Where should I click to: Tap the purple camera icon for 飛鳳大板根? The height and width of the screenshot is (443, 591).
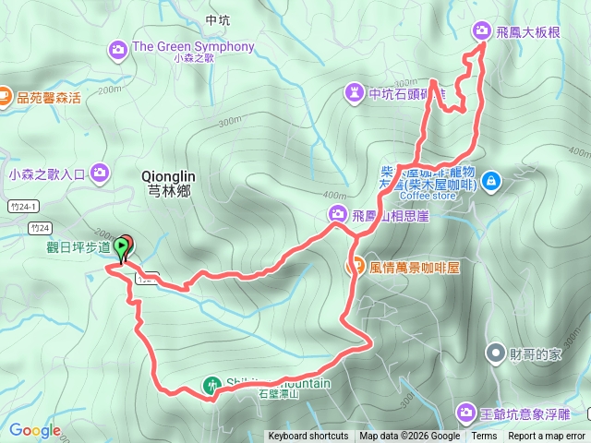point(482,30)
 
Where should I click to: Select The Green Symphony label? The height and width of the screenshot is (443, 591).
point(193,47)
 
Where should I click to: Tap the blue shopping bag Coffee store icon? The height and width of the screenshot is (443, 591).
point(489,179)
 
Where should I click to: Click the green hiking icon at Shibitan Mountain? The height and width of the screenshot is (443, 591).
point(212,385)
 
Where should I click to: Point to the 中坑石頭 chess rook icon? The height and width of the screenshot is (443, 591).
point(354,92)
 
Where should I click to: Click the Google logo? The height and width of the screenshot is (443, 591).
point(35,430)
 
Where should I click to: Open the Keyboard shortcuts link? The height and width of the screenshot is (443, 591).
point(308,437)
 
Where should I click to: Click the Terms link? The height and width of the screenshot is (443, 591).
point(484,437)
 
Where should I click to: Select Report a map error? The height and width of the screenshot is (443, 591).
point(547,437)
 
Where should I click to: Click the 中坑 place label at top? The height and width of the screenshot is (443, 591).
point(218,19)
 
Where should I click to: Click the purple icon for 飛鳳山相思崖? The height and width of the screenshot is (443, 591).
point(337,215)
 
